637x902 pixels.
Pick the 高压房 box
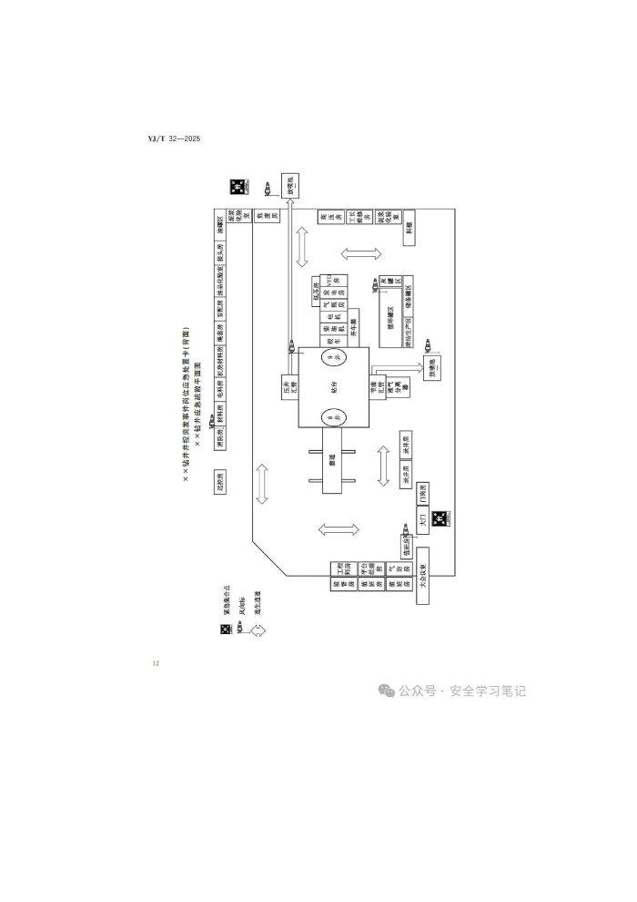point(324,218)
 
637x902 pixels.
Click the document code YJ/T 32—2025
point(173,138)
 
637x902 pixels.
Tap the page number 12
point(156,662)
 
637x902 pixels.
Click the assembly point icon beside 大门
point(439,518)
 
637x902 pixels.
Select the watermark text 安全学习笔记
point(487,691)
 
